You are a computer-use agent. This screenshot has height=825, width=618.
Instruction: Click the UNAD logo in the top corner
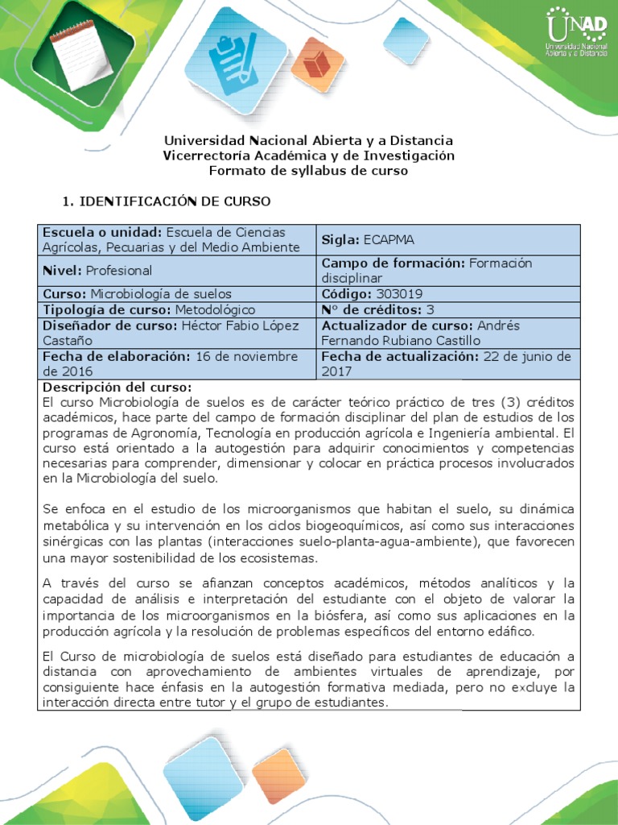(575, 32)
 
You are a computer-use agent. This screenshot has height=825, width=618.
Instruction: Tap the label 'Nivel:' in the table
(61, 271)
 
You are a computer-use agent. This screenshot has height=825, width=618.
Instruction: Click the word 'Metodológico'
(212, 309)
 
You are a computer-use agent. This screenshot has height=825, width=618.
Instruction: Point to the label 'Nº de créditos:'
(372, 309)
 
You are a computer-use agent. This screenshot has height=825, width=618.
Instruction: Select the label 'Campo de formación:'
(392, 263)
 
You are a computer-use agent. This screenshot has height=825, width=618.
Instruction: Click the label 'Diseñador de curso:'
(109, 325)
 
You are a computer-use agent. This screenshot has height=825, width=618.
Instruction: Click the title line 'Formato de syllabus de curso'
(308, 171)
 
